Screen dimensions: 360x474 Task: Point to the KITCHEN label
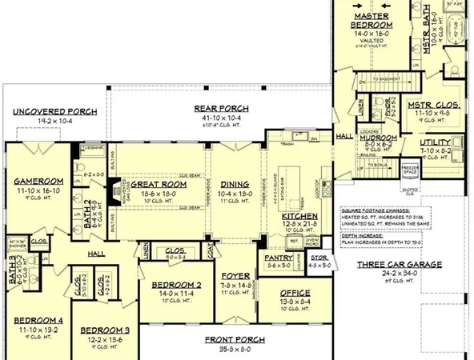pos(301,217)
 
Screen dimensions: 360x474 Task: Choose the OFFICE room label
pos(295,294)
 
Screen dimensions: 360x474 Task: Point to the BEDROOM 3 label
pos(106,330)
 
